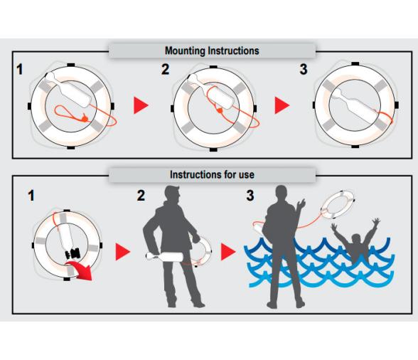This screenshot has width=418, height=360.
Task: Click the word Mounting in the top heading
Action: [185, 51]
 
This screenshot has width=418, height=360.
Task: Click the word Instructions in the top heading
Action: [233, 51]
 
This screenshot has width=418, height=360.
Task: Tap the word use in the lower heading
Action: [246, 175]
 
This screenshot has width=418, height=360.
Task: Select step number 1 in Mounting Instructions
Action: [19, 70]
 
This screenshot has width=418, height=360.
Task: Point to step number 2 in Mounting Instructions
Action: [165, 69]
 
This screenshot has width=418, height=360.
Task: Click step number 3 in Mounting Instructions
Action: [304, 69]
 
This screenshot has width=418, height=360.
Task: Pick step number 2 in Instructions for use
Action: [141, 196]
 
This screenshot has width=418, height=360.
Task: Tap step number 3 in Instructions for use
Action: [250, 196]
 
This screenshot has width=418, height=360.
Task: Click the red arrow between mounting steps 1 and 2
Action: [141, 105]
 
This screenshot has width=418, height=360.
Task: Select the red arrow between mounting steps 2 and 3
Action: [282, 105]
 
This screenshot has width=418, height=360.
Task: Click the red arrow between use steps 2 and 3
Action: [228, 252]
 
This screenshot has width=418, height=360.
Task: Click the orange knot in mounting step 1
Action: [85, 118]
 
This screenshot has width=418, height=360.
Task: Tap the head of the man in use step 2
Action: [172, 195]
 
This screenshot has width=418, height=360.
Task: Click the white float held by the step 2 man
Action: [164, 257]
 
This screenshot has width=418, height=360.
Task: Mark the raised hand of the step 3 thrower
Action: [301, 204]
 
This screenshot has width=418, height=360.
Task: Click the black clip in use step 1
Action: [73, 253]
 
